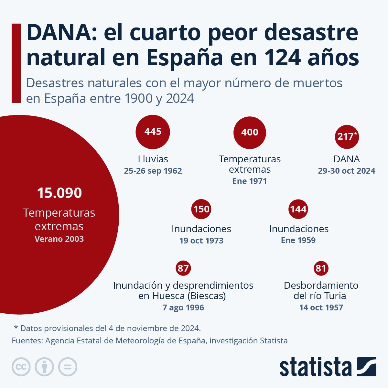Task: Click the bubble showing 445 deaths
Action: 153,132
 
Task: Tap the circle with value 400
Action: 250,133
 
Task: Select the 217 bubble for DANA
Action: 347,136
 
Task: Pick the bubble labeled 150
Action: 201,209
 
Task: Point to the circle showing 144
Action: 298,209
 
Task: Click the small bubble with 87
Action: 183,268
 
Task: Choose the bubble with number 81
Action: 321,268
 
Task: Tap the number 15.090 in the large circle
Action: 59,193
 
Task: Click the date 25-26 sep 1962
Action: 153,171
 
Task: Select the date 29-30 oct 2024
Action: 347,171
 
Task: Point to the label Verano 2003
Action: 59,239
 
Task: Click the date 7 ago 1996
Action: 183,307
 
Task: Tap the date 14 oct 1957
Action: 321,307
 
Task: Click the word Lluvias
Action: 153,159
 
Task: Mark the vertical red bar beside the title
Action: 16,63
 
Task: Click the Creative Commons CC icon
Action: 21,367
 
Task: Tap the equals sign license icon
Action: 68,367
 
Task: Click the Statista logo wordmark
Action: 315,367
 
